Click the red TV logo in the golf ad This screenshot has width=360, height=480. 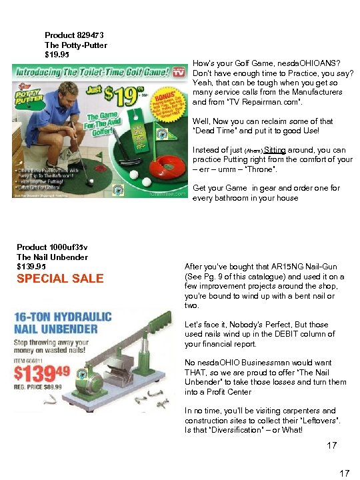click(178, 72)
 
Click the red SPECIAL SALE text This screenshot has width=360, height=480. click(60, 279)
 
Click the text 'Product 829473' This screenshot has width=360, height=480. click(74, 35)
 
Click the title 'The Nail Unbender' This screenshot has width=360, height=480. click(52, 257)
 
